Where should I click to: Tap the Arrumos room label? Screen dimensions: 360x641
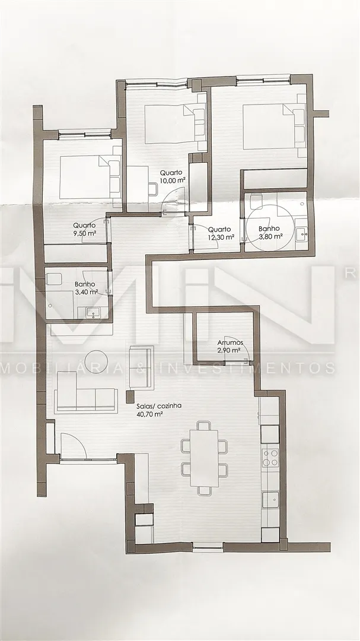point(231,342)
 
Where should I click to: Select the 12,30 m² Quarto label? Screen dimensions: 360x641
point(221,233)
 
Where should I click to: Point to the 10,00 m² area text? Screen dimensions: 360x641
point(171,179)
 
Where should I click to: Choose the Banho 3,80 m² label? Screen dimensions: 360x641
point(270,232)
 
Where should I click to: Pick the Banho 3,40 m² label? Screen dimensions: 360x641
point(86,288)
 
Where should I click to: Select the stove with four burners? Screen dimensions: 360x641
point(270,458)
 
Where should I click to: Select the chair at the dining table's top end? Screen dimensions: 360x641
point(204,425)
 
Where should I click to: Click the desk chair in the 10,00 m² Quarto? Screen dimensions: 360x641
point(153,189)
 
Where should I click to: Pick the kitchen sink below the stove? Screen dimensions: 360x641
point(270,500)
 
